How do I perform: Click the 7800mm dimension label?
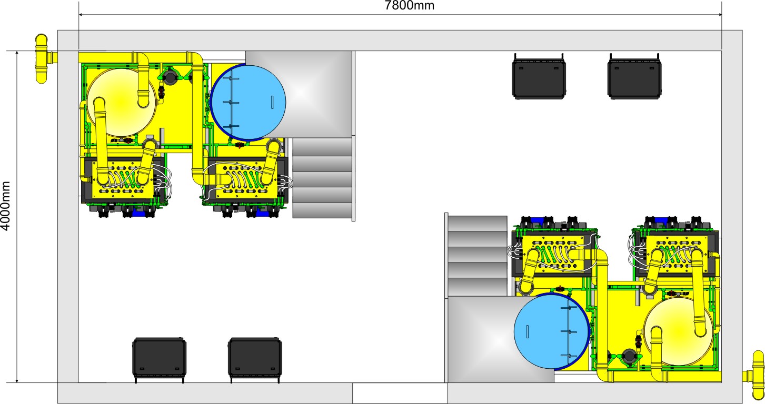(410, 5)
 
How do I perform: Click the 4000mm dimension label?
(5, 206)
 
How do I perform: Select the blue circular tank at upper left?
(248, 103)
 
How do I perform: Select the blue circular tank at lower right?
(552, 331)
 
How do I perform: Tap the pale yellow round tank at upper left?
(122, 103)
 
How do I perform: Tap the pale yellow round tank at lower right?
(678, 331)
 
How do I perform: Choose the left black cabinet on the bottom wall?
(160, 360)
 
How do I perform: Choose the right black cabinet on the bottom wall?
(255, 360)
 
